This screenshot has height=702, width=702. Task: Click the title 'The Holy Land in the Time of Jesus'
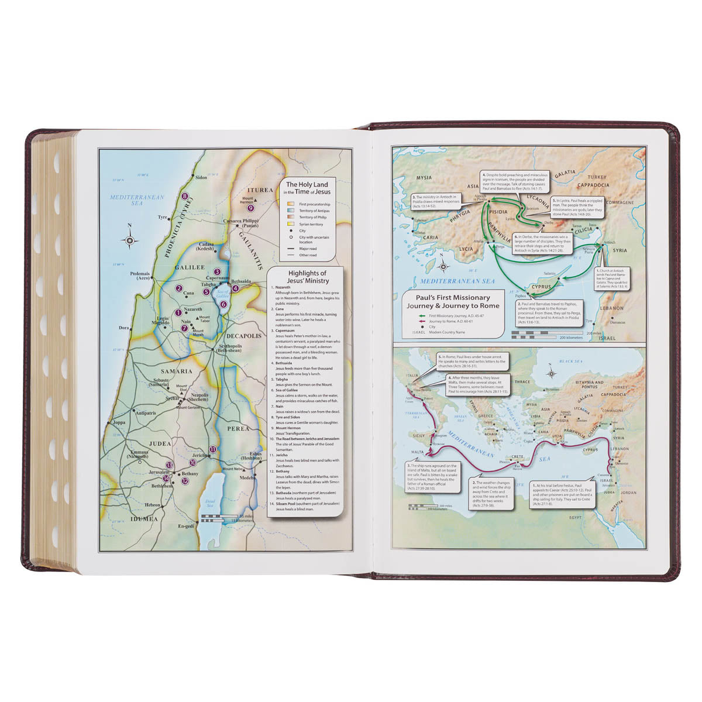click(308, 188)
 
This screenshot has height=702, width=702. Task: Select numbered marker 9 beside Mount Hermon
click(251, 207)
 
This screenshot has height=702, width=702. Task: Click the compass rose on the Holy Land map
click(129, 239)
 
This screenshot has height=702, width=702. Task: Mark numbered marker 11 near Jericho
click(213, 449)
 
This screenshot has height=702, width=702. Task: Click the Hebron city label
click(153, 505)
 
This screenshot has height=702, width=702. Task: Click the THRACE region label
click(522, 382)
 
